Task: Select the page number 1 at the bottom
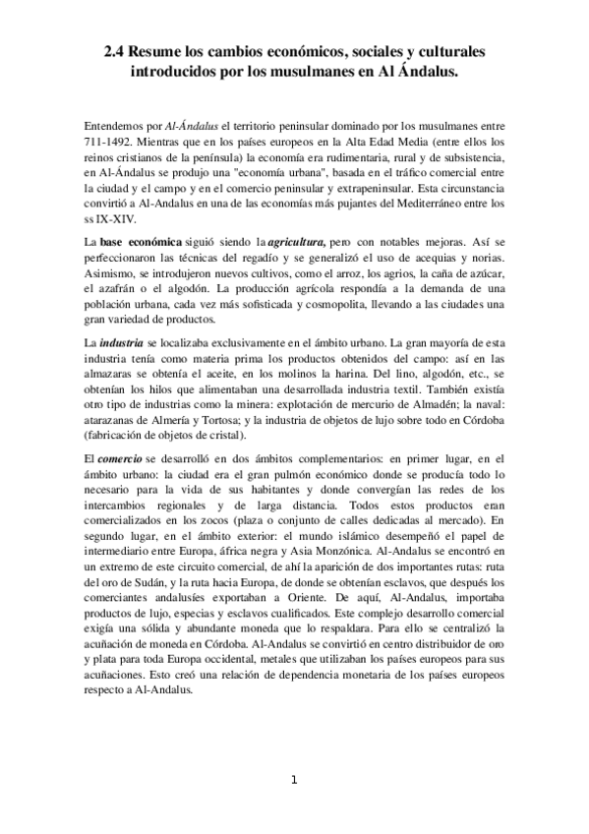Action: (294, 780)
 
